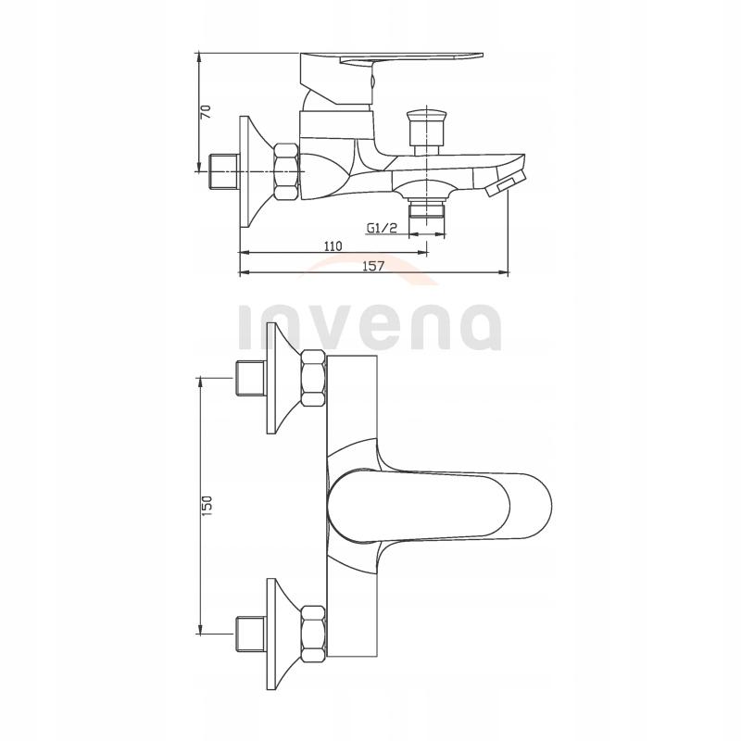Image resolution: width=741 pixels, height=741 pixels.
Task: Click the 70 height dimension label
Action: pyautogui.click(x=207, y=111)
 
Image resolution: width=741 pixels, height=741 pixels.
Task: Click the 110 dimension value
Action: pyautogui.click(x=333, y=245)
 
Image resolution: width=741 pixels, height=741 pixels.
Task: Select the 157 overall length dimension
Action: pyautogui.click(x=372, y=266)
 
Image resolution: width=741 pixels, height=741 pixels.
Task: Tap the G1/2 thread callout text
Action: pyautogui.click(x=383, y=228)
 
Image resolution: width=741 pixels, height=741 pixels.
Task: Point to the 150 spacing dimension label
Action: pyautogui.click(x=207, y=505)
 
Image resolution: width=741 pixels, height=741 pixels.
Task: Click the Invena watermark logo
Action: pyautogui.click(x=370, y=324)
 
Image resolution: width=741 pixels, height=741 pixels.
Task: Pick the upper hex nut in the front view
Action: pyautogui.click(x=311, y=379)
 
